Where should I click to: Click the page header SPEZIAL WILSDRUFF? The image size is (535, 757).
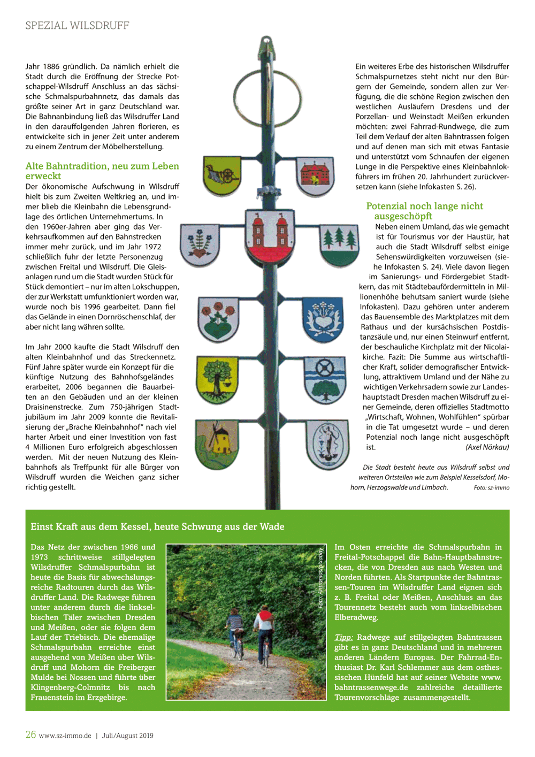coord(77,26)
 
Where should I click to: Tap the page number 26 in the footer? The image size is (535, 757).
coord(30,735)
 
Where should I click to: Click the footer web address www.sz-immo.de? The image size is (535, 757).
coord(65,736)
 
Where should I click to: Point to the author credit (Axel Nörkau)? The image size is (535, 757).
coord(487,447)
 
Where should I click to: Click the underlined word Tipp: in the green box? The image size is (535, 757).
coord(343,637)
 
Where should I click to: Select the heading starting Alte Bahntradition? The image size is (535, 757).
coord(102,171)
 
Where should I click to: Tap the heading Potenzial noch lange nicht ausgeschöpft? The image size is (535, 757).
coord(424,211)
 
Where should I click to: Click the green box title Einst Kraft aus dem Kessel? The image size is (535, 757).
coord(157,526)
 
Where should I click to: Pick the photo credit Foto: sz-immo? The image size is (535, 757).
coord(491,488)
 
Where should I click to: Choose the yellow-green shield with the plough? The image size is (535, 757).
coord(222,175)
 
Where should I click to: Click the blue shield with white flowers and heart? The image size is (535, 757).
coord(323,319)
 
